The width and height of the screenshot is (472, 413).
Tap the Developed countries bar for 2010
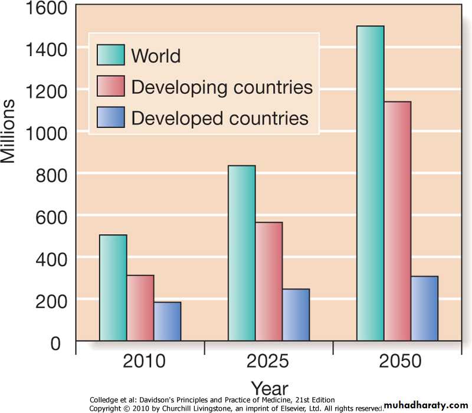[x=167, y=322]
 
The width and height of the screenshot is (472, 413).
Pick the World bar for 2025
[x=241, y=253]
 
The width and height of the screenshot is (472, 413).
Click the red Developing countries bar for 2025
[x=268, y=281]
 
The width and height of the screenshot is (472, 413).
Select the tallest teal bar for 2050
[x=370, y=183]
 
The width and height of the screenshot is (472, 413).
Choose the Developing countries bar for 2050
[x=397, y=221]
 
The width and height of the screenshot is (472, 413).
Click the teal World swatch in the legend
[x=111, y=55]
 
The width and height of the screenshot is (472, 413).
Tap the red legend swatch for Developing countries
[x=111, y=86]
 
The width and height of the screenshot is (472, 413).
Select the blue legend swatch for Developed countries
[x=111, y=117]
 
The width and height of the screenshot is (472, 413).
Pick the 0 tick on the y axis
[x=54, y=343]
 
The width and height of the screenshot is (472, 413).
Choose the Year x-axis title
[x=270, y=388]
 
